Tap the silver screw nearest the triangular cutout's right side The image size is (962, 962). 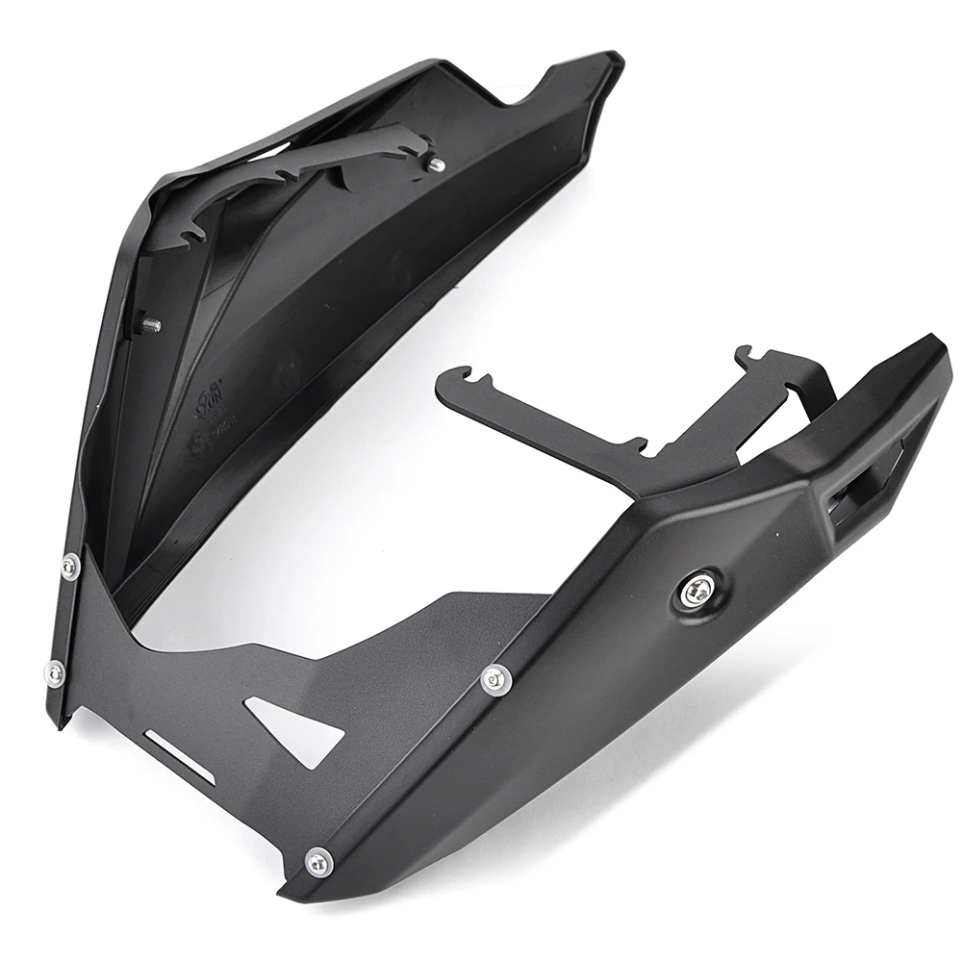point(496,678)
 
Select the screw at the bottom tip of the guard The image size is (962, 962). point(318,862)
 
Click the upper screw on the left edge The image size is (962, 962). point(69,568)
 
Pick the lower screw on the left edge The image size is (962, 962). point(55,671)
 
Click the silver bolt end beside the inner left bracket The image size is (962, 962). point(434,165)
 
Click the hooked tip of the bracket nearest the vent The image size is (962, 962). point(751,356)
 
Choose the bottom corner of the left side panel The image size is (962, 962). point(60,721)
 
